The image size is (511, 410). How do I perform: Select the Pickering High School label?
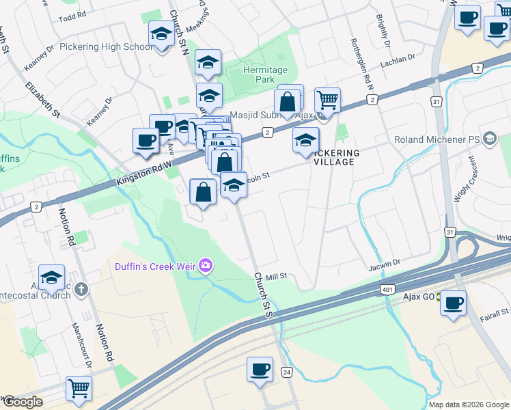click(106, 46)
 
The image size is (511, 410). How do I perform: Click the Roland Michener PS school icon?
click(489, 139)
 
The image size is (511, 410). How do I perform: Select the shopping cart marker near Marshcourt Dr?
click(79, 388)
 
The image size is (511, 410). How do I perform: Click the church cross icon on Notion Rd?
click(81, 289)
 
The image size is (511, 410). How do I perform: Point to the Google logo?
click(22, 401)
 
